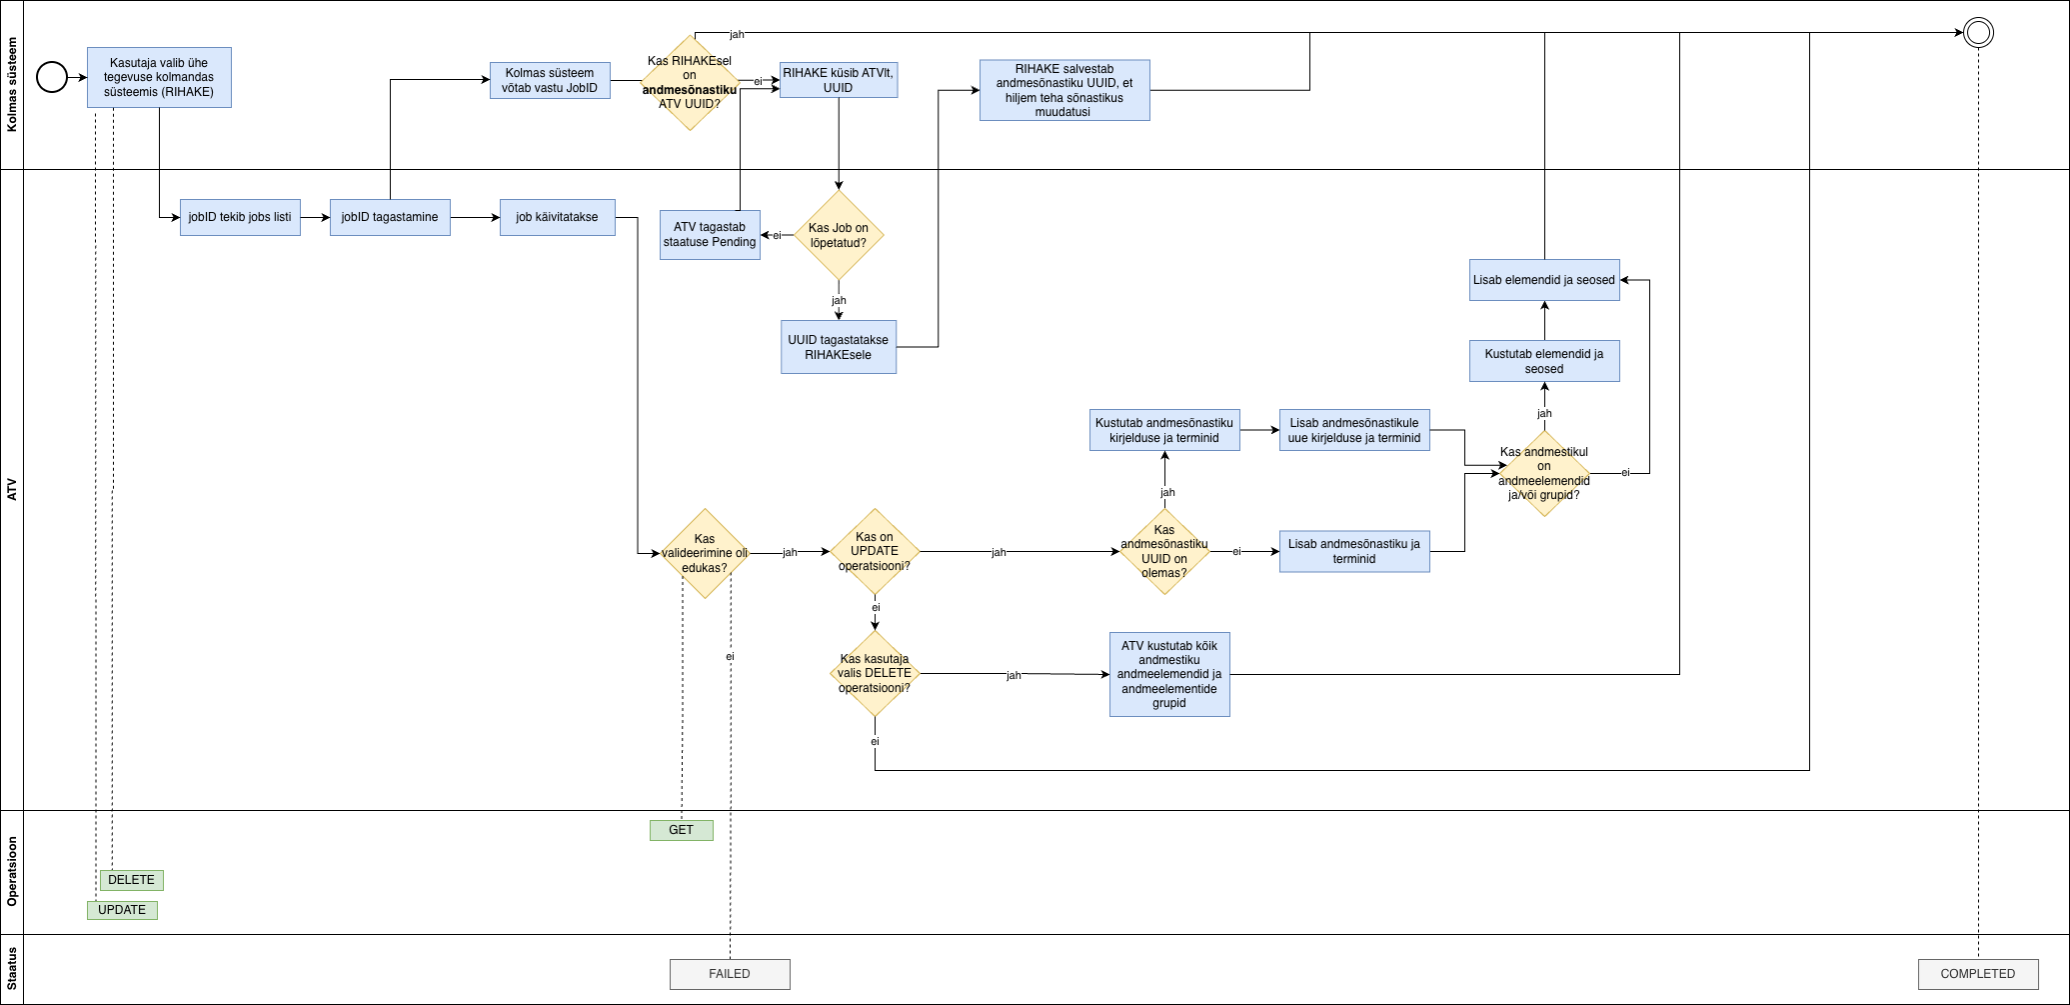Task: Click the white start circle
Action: click(52, 77)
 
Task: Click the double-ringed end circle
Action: click(1978, 33)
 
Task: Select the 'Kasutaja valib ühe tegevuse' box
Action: click(159, 78)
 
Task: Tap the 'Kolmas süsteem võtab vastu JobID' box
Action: click(550, 81)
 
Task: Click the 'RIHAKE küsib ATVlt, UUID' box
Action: click(839, 80)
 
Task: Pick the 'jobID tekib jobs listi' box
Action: click(240, 217)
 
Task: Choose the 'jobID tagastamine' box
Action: click(390, 217)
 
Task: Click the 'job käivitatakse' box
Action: click(557, 217)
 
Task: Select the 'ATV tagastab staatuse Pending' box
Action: click(710, 235)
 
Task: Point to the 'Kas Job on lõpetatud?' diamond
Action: click(839, 235)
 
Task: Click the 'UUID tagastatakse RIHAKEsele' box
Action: click(839, 347)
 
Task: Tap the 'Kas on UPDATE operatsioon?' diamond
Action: click(875, 552)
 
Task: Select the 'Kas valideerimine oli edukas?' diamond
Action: click(705, 553)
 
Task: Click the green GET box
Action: click(681, 830)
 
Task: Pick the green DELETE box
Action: click(131, 880)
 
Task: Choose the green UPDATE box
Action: click(122, 910)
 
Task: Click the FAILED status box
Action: click(730, 974)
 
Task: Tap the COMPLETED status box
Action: click(1978, 974)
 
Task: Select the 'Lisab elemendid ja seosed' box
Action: click(1544, 280)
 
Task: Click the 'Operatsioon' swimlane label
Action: click(12, 872)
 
